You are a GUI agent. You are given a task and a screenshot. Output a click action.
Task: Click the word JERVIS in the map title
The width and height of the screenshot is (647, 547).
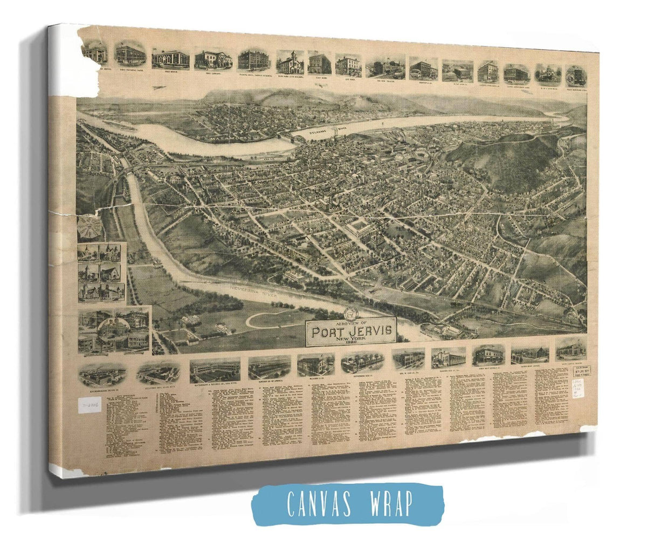pos(369,329)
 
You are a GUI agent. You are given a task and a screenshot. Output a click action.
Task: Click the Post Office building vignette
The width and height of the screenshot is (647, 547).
pos(170,59)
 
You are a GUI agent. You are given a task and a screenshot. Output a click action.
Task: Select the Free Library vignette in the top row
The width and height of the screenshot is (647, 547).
pos(213,59)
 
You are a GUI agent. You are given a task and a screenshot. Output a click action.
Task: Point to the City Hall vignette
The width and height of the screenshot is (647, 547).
pos(348,65)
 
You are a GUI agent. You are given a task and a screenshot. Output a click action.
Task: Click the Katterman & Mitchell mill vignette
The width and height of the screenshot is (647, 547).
pos(215,371)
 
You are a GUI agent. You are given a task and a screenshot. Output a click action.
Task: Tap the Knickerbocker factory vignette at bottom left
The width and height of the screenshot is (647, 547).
pos(102,374)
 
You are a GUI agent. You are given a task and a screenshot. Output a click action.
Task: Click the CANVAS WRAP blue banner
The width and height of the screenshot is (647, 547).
pos(347,503)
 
